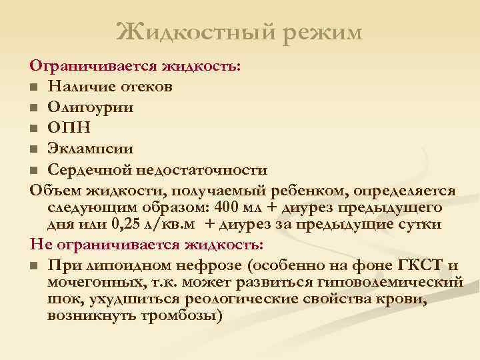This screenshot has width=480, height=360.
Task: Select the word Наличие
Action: pos(80,87)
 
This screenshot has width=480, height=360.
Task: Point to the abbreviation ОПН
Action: pos(67,128)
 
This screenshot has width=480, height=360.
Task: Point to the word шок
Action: pos(61,298)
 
